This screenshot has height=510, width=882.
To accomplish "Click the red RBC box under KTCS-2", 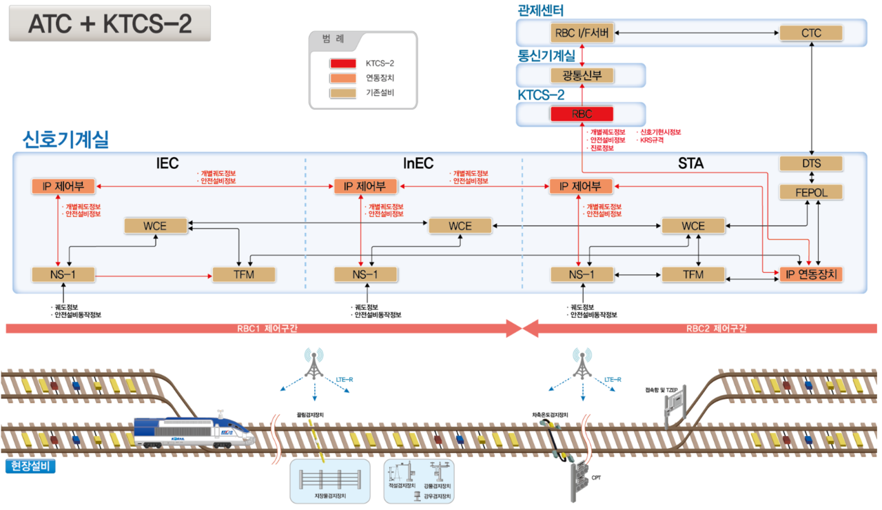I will pyautogui.click(x=582, y=114).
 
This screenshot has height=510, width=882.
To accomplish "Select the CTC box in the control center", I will pyautogui.click(x=811, y=32).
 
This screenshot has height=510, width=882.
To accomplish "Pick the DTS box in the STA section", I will pyautogui.click(x=811, y=163).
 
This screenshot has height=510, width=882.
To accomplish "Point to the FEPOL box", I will pyautogui.click(x=811, y=192).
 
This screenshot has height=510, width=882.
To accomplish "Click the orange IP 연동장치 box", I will pyautogui.click(x=811, y=274).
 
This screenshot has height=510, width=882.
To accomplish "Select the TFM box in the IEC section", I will pyautogui.click(x=243, y=274).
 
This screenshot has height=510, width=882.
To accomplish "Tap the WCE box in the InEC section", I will pyautogui.click(x=460, y=225).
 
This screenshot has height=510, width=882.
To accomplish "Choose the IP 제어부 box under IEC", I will pyautogui.click(x=63, y=186).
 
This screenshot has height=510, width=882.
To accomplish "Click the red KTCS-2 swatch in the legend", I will pyautogui.click(x=343, y=63).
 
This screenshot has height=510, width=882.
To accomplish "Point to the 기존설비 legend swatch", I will pyautogui.click(x=343, y=92).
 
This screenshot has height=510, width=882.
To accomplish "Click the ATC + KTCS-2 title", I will pyautogui.click(x=110, y=23).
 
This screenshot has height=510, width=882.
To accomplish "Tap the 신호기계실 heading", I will pyautogui.click(x=65, y=140).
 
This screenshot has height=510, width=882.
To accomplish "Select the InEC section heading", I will pyautogui.click(x=418, y=163).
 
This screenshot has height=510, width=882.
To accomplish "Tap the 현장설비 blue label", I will pyautogui.click(x=30, y=466).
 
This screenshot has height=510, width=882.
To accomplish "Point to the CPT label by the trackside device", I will pyautogui.click(x=596, y=477).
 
